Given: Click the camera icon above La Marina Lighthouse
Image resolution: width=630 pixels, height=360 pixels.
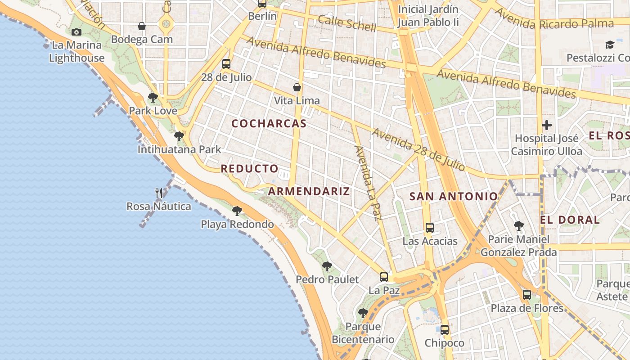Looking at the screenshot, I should (x=76, y=32).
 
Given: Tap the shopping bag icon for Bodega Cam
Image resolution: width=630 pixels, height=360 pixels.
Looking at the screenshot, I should (x=142, y=27).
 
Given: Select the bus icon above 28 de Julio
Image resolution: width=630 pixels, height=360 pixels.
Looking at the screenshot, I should (x=226, y=64).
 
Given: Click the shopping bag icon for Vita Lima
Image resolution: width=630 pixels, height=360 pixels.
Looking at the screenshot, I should (x=297, y=87).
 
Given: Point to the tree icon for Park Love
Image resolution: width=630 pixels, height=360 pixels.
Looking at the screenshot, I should (x=153, y=97).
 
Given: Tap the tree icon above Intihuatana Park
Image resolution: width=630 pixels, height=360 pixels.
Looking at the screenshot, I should (x=179, y=136).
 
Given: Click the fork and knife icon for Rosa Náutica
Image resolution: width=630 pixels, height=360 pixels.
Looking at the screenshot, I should (x=159, y=193).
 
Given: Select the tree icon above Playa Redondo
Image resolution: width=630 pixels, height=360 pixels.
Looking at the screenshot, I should (x=237, y=211).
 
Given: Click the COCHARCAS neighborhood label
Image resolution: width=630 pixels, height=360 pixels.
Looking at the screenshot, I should (x=269, y=124).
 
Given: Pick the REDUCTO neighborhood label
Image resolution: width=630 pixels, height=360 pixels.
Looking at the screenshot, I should (x=250, y=169).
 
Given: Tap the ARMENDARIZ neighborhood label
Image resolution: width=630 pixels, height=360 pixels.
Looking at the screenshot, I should (x=309, y=191).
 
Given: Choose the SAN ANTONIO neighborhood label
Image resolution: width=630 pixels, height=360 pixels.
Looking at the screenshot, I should (x=454, y=196).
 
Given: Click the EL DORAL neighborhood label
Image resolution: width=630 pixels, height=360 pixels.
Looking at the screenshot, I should (x=570, y=220).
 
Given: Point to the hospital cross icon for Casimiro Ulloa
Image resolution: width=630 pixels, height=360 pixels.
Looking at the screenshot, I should (x=547, y=125).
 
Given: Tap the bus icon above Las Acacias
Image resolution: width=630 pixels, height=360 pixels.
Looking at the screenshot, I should (x=430, y=228).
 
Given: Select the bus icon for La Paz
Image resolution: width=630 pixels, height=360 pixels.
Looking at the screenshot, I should (x=384, y=277).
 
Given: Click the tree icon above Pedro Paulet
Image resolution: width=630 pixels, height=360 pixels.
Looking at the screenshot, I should (x=327, y=266).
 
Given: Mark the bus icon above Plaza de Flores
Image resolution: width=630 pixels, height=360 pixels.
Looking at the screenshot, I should (x=527, y=295).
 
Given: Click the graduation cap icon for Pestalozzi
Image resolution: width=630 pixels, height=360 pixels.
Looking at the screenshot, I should (x=610, y=45).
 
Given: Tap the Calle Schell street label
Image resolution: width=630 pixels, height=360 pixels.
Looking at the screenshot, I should (x=347, y=23).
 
